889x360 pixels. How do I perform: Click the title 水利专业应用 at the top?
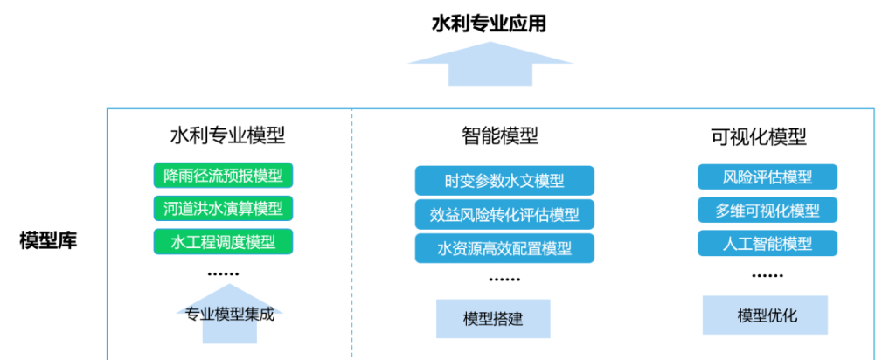click(x=489, y=24)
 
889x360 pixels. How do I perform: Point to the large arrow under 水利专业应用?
click(x=490, y=64)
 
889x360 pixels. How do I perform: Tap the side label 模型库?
click(x=48, y=240)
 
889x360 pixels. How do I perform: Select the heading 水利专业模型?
click(x=227, y=136)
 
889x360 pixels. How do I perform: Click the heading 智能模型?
click(x=499, y=136)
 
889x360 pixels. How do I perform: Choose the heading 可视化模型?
click(x=759, y=136)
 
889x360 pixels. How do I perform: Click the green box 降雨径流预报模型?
click(x=223, y=175)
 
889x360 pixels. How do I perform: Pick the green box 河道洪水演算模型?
click(x=223, y=209)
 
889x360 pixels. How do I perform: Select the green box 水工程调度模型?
click(x=223, y=241)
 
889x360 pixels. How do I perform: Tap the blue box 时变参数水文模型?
click(x=504, y=180)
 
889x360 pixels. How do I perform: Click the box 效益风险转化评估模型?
click(x=504, y=214)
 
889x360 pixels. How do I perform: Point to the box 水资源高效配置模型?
click(x=504, y=248)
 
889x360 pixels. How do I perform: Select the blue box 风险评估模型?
click(x=767, y=177)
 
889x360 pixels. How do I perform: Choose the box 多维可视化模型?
click(x=767, y=210)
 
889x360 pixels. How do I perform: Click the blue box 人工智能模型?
click(x=767, y=243)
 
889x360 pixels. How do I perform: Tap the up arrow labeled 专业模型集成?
click(x=230, y=314)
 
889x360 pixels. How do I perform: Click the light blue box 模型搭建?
click(x=493, y=319)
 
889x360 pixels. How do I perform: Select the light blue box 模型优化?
click(x=765, y=315)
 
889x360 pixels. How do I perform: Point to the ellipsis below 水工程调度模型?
click(x=223, y=274)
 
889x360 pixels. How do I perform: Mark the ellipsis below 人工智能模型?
click(x=767, y=276)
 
